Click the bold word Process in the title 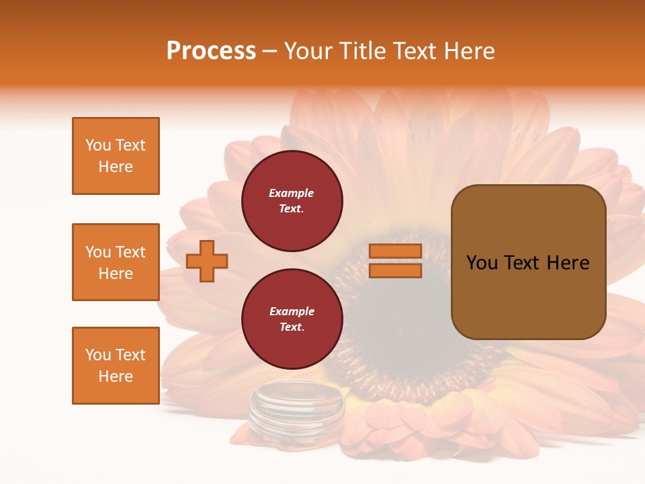tap(211, 51)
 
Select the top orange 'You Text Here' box tap(116, 156)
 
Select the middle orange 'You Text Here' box tap(116, 262)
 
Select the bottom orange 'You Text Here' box tap(116, 365)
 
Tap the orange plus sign tap(207, 261)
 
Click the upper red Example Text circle tap(292, 201)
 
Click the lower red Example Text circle tap(292, 319)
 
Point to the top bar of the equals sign tap(395, 251)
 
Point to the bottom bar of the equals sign tap(395, 271)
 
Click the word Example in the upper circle tap(292, 193)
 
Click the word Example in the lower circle tap(292, 311)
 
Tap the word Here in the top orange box tap(116, 167)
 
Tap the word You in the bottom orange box tap(99, 355)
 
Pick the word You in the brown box tap(482, 263)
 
